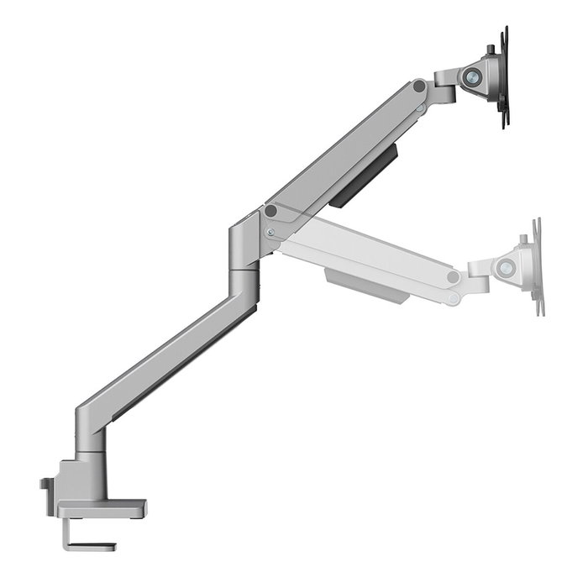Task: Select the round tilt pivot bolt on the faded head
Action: (x=507, y=270)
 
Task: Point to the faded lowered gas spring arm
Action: (x=370, y=252)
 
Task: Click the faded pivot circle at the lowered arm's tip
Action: (x=454, y=276)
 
